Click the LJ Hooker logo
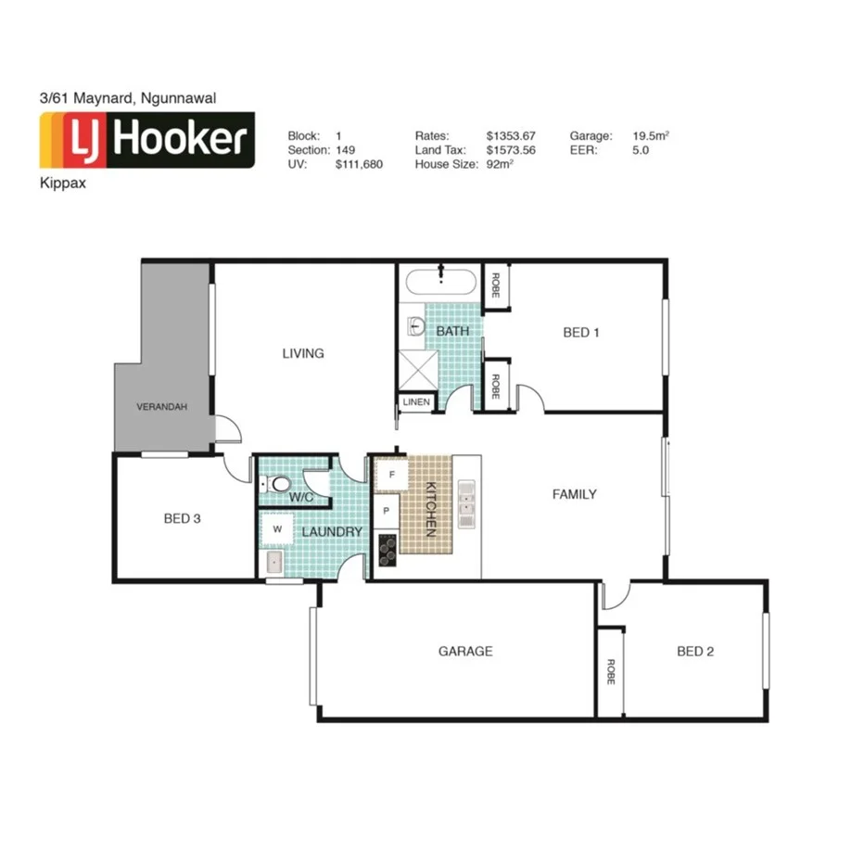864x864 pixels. coord(146,140)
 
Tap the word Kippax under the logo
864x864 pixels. coord(61,184)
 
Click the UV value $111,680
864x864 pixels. coord(359,164)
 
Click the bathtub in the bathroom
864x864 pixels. coord(441,280)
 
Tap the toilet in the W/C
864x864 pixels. coord(275,483)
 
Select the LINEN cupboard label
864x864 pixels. coord(414,402)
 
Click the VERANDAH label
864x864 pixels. coord(162,406)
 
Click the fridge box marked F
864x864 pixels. coord(391,476)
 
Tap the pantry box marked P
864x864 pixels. coord(387,511)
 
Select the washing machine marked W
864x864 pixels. coord(277,529)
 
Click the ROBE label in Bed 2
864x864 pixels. coord(610,672)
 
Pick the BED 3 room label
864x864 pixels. coord(182,518)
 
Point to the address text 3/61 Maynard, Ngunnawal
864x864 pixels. coord(128,97)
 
